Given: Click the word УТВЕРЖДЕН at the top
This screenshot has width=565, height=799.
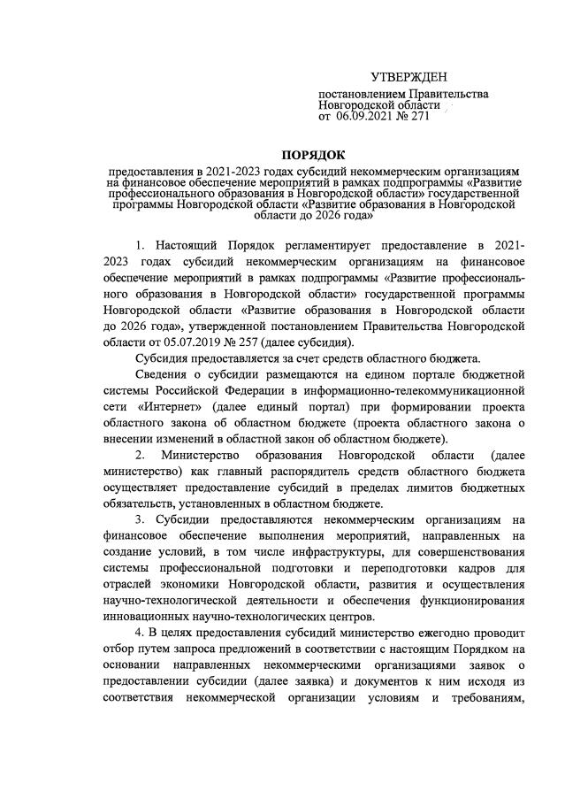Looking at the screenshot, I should (408, 79).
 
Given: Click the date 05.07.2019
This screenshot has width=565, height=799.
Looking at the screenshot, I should (179, 342).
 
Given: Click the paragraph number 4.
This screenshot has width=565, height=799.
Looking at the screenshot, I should (139, 634).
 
